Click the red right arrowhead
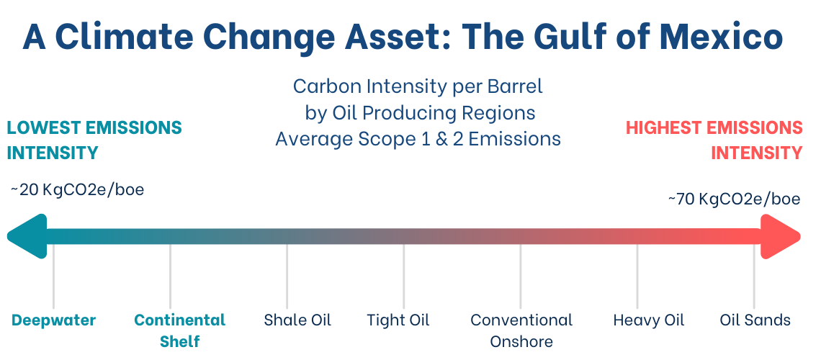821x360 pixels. [781, 236]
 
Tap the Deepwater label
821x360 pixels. [53, 320]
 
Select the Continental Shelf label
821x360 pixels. [180, 330]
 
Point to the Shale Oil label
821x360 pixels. [297, 320]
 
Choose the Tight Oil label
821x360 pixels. [398, 320]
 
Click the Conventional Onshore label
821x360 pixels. [521, 330]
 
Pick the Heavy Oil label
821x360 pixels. [649, 320]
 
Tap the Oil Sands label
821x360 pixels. [755, 320]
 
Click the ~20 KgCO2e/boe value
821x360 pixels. [77, 189]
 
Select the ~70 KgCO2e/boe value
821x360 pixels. [734, 199]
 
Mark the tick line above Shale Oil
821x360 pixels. [287, 276]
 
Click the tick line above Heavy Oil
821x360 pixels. [637, 276]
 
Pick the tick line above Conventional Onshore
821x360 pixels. [521, 276]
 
